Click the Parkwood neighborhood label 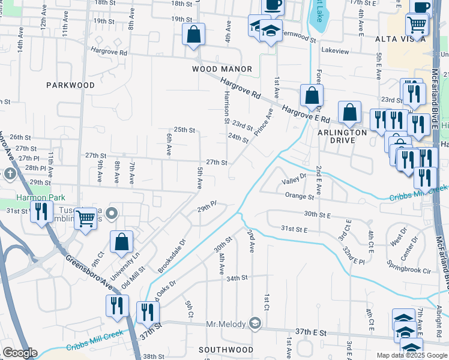70,85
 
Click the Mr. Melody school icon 255,324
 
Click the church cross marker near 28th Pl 10,174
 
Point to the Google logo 20,353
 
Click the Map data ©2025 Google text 412,355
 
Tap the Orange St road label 300,196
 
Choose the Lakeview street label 335,51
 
